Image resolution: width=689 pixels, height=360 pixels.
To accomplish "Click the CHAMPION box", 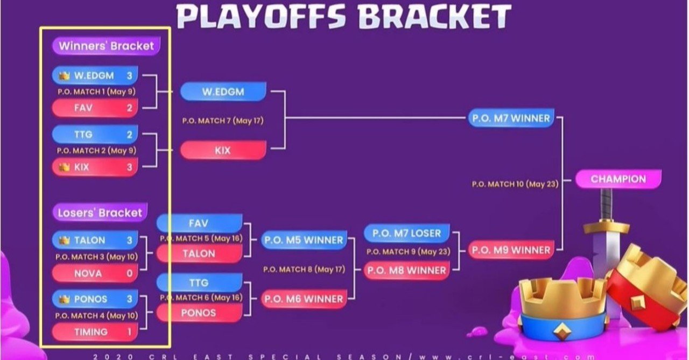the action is pos(618,179).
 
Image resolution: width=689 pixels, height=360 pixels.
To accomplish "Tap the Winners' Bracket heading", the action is pos(106,46).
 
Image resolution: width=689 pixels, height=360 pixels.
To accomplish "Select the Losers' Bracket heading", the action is pos(100,213).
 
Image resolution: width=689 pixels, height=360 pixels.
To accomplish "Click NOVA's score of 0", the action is pos(130,273).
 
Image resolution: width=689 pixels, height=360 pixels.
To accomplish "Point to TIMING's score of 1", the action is pos(130,332).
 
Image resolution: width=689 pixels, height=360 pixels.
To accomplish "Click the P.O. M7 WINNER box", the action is pos(511,118).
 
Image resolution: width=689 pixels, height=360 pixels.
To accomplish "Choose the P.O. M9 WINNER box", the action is pos(511,250).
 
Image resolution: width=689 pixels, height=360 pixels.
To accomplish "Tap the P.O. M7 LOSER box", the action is pos(406,234).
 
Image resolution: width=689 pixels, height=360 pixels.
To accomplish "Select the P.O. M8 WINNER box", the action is pos(406,271).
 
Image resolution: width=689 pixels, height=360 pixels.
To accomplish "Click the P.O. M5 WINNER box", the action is pos(304,240).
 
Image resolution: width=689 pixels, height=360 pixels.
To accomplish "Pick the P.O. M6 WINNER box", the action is pos(304,299).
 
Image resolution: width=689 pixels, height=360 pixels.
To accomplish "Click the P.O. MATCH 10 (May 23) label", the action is pos(515,184).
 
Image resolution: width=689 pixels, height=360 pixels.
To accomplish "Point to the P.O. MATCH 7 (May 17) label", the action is pos(223,121).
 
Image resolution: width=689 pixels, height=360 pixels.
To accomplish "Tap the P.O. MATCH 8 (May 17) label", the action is pos(304,270).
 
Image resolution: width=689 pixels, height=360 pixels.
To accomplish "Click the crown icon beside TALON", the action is pos(64,240).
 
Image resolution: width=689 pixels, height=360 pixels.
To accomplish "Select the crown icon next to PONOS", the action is pos(64,299).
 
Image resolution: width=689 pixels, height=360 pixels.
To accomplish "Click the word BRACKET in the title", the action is pos(434,16).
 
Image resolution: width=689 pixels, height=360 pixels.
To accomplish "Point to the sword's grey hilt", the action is pos(606,206).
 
